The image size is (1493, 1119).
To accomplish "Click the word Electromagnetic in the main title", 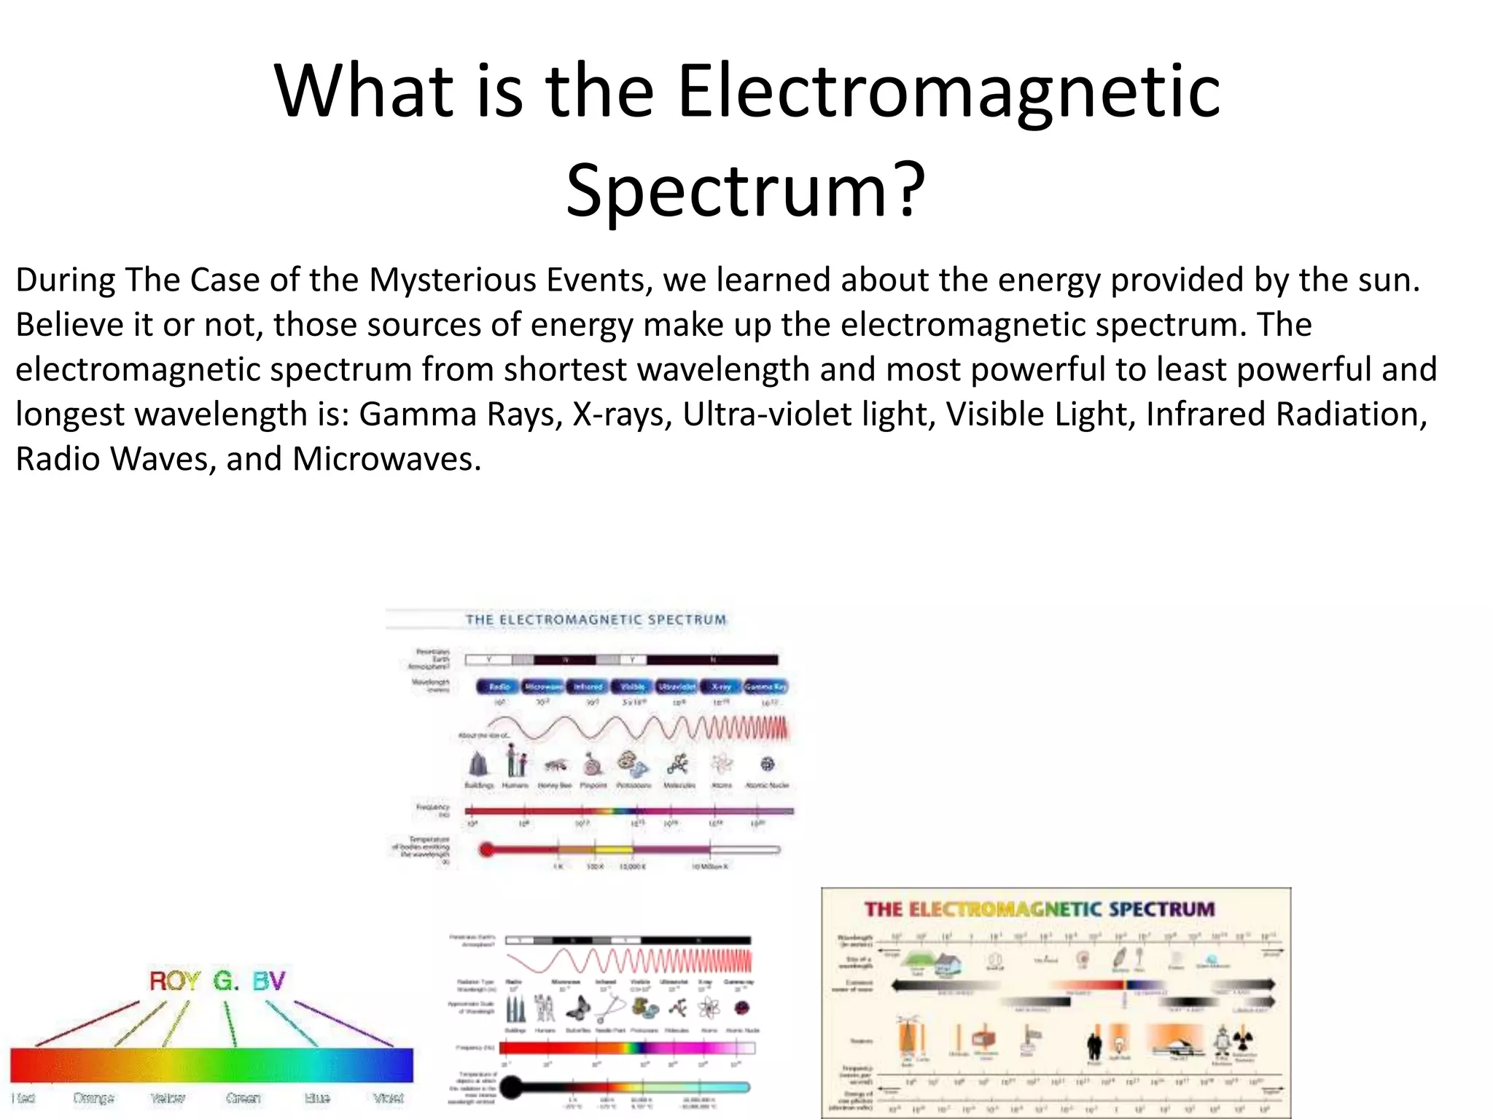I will click(948, 92).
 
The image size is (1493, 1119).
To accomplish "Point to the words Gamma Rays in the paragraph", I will click(459, 415).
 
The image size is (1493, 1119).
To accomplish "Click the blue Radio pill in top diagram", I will click(499, 686).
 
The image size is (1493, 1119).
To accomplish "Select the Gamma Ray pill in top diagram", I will click(765, 686).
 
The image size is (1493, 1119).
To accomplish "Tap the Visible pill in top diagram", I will click(632, 686).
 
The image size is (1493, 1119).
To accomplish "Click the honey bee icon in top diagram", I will click(556, 765).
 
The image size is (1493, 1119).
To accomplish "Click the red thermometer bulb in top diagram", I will click(486, 849).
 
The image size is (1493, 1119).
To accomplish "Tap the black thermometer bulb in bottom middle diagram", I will click(512, 1087).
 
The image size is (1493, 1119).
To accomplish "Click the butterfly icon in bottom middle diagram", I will click(580, 1008).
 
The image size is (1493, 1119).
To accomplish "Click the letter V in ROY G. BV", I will click(277, 981).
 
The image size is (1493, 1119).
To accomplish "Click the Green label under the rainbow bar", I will click(243, 1098).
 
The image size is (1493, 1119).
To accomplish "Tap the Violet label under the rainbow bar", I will click(388, 1098).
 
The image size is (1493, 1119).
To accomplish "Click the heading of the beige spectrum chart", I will click(1040, 909).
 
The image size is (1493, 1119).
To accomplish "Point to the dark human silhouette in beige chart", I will click(1094, 1045).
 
